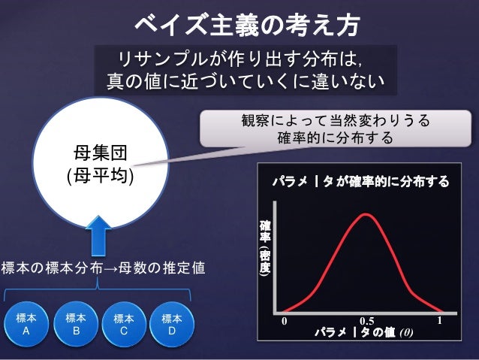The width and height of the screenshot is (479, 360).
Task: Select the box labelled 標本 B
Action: pos(75,324)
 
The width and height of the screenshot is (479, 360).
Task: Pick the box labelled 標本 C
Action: pos(123,324)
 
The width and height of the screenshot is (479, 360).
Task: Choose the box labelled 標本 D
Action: pos(171,324)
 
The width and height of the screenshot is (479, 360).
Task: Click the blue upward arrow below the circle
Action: pos(100,235)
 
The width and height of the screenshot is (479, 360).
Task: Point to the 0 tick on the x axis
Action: pos(285,320)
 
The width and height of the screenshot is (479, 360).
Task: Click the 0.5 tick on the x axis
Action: pos(366,321)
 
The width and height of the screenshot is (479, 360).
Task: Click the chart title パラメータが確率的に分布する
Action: pos(360,181)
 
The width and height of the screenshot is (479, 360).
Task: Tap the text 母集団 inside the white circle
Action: pos(100,155)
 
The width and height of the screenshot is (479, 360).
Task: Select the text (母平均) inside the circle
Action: pos(100,177)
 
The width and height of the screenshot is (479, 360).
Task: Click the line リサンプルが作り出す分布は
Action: pos(245,59)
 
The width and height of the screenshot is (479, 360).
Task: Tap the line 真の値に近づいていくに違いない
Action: pos(245,80)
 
